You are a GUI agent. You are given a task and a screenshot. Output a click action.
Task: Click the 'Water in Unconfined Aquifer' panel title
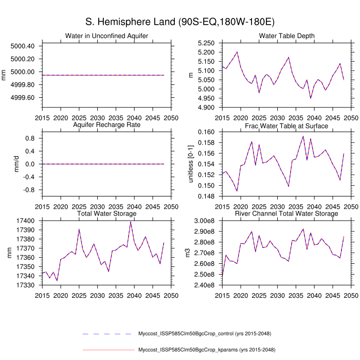point(107,35)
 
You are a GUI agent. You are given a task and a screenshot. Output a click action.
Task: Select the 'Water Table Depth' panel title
point(287,35)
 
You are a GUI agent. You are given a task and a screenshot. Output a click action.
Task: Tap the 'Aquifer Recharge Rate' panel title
point(107,125)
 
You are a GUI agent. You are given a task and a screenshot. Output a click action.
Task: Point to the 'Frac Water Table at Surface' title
point(287,125)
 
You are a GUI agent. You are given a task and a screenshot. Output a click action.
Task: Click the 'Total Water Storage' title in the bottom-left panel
point(107,213)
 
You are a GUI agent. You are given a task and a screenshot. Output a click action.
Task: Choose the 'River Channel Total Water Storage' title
point(287,213)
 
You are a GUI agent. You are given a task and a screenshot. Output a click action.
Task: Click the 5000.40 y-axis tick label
point(22,46)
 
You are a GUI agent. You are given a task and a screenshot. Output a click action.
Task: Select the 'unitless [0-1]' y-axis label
point(191,164)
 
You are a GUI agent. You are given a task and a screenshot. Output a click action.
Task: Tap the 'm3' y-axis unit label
point(188,253)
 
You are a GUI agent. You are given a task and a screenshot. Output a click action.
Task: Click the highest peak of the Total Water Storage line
point(131,222)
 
